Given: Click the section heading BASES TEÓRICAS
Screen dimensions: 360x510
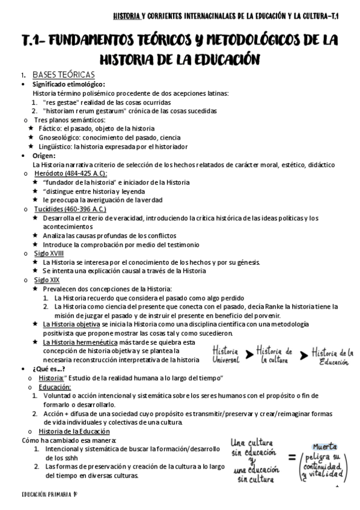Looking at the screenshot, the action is (x=63, y=75).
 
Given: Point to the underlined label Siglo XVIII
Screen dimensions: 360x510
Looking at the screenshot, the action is (x=49, y=253).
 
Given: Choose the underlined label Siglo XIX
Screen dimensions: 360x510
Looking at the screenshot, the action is (x=46, y=280).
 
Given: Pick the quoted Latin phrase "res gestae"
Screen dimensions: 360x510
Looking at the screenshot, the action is (x=58, y=102).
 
